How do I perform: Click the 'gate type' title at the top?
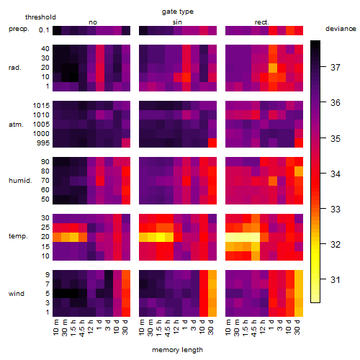click(178, 12)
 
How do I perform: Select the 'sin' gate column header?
click(177, 22)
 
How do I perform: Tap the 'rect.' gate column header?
click(261, 22)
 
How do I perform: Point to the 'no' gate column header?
click(93, 22)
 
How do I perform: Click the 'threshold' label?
click(40, 17)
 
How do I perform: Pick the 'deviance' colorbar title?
click(341, 29)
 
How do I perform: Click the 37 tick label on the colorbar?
click(336, 68)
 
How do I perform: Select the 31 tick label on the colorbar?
click(336, 280)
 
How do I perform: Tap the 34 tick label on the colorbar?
click(336, 174)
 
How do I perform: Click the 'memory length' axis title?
click(177, 350)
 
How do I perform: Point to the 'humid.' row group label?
click(20, 181)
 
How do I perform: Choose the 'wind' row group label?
click(17, 294)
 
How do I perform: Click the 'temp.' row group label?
click(18, 236)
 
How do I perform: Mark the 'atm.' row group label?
click(16, 125)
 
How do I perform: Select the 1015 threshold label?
click(41, 105)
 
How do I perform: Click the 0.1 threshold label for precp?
click(44, 30)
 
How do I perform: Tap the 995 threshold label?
click(43, 143)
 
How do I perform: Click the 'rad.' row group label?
click(15, 68)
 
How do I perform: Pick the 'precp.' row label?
click(19, 29)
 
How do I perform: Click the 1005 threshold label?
click(41, 125)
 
